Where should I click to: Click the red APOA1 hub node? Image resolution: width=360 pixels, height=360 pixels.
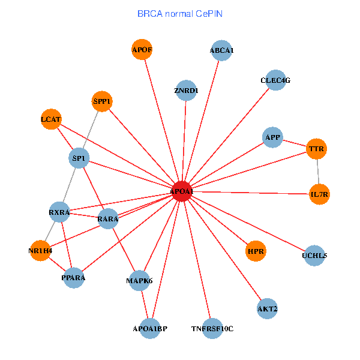coord(182,191)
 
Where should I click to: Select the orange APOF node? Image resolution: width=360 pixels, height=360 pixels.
coord(142,50)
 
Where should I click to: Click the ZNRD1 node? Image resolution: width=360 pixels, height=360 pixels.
coord(186,91)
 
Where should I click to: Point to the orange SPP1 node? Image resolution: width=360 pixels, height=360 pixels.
coord(102,101)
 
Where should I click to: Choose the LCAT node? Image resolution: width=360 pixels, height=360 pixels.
coord(51,119)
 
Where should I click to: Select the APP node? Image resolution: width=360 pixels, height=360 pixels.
coord(272,137)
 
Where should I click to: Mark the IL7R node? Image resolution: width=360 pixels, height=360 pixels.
coord(320,194)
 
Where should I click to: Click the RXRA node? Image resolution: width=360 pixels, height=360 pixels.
coord(59,212)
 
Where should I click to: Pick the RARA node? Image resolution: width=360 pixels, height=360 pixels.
coord(108,219)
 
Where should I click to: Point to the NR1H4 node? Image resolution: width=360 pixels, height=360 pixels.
coord(40,250)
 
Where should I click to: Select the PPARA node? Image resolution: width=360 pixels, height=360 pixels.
coord(73,278)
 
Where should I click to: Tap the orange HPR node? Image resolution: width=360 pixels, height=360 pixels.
coord(256,251)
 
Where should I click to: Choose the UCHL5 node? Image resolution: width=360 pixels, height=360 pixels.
coord(315,256)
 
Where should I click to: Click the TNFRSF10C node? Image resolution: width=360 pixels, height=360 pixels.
coord(212,328)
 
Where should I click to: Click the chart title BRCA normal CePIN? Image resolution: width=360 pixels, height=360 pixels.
coord(180,13)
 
